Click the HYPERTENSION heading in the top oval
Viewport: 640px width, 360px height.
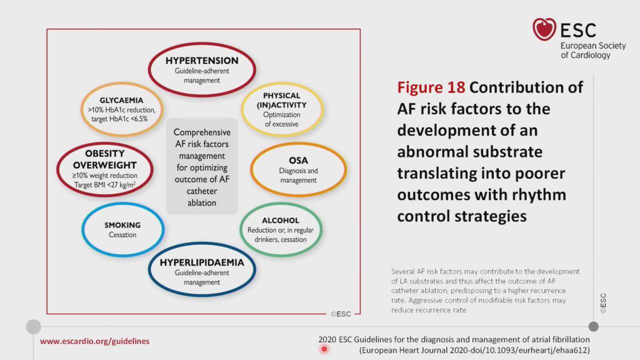click(201, 60)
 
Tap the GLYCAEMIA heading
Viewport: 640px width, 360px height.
click(121, 100)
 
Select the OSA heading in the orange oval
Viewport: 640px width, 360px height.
click(298, 160)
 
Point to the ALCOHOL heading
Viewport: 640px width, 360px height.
click(280, 220)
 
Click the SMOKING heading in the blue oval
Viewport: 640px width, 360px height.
click(122, 225)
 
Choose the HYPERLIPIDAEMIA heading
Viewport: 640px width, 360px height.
click(201, 262)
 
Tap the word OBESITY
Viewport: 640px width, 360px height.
click(104, 153)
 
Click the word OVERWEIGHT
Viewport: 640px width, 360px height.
click(104, 165)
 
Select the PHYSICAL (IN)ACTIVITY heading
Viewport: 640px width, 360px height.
click(281, 100)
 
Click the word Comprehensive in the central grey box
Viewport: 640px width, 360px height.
click(201, 132)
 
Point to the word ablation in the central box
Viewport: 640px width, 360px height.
click(201, 203)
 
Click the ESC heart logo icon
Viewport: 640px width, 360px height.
click(544, 29)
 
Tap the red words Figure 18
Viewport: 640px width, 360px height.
click(431, 87)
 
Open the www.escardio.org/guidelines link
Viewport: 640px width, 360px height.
click(94, 341)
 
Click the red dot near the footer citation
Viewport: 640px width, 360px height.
click(324, 349)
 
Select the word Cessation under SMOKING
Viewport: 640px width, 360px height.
click(122, 235)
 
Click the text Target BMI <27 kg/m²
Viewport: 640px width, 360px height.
click(104, 185)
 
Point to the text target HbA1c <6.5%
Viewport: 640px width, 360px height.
click(119, 119)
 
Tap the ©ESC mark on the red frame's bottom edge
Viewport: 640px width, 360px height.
click(340, 314)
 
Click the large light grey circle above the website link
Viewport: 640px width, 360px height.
click(33, 326)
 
